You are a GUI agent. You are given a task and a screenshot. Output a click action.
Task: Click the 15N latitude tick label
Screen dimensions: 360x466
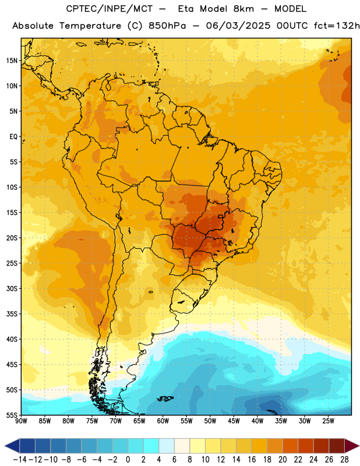(x=12, y=61)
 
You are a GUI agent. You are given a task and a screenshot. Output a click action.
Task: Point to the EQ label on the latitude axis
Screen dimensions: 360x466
(x=13, y=137)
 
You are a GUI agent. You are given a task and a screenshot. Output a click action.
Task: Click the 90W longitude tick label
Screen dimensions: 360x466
(x=22, y=421)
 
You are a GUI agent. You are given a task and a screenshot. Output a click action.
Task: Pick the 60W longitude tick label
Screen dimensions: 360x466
(x=163, y=421)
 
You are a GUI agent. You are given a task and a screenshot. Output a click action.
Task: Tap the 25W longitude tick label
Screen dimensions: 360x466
(x=328, y=421)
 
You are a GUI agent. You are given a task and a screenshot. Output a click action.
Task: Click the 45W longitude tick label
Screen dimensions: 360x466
(x=234, y=421)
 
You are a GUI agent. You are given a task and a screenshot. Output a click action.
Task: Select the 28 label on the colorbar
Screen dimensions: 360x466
(x=344, y=460)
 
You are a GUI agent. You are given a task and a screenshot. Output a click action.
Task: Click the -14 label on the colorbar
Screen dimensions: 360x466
(x=20, y=460)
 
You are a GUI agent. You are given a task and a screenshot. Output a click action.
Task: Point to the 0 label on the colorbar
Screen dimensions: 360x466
(x=128, y=460)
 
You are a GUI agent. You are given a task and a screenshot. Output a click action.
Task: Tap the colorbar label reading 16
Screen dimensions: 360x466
(x=252, y=460)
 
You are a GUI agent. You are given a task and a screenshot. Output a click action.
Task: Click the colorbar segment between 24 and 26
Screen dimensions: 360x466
(x=322, y=446)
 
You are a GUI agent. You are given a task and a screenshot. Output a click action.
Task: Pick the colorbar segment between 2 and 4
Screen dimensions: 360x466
(x=151, y=446)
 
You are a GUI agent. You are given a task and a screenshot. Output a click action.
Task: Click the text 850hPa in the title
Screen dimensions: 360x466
(x=167, y=26)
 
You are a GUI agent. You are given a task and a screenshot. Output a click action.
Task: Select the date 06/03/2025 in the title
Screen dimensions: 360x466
(x=238, y=26)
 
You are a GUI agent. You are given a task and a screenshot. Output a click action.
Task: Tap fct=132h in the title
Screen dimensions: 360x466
(x=337, y=26)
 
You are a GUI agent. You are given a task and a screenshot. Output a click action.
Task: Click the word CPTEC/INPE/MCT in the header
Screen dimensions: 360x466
(x=109, y=9)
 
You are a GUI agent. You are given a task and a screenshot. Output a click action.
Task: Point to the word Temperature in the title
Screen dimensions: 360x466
(x=90, y=26)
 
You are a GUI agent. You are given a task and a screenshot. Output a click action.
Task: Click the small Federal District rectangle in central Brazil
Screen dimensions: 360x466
(x=221, y=216)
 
